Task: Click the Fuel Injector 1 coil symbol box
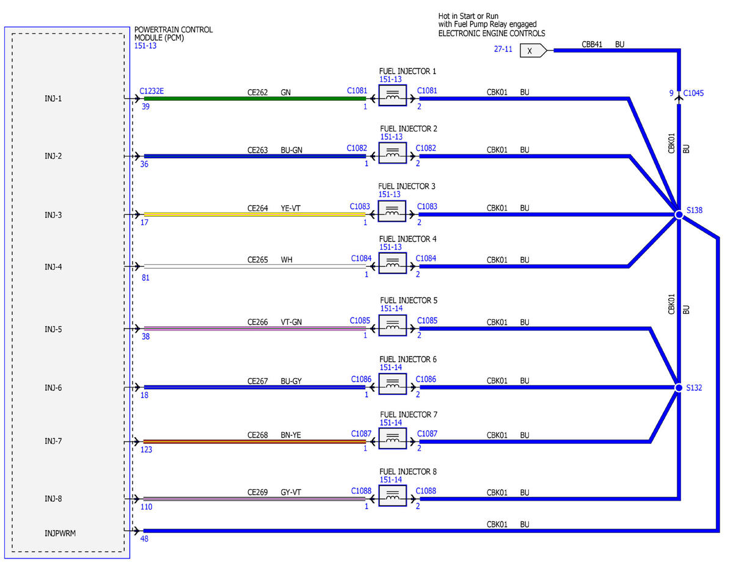pyautogui.click(x=392, y=95)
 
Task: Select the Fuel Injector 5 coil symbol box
pyautogui.click(x=392, y=325)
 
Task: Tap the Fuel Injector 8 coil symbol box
pyautogui.click(x=392, y=496)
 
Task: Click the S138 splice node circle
pyautogui.click(x=679, y=214)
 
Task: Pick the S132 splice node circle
pyautogui.click(x=679, y=388)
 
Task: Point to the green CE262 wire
pyautogui.click(x=255, y=99)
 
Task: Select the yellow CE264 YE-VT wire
pyautogui.click(x=255, y=214)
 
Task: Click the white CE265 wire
pyautogui.click(x=255, y=266)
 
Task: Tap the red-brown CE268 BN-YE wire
pyautogui.click(x=255, y=441)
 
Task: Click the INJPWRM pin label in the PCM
pyautogui.click(x=60, y=533)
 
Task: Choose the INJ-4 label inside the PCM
pyautogui.click(x=53, y=267)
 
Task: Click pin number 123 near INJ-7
pyautogui.click(x=146, y=450)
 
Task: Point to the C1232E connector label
pyautogui.click(x=151, y=91)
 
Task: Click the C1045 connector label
pyautogui.click(x=693, y=93)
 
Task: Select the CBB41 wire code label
pyautogui.click(x=592, y=44)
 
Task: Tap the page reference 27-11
pyautogui.click(x=503, y=49)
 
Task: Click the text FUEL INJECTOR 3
pyautogui.click(x=406, y=186)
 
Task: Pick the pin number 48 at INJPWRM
pyautogui.click(x=144, y=539)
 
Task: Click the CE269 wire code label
pyautogui.click(x=257, y=492)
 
